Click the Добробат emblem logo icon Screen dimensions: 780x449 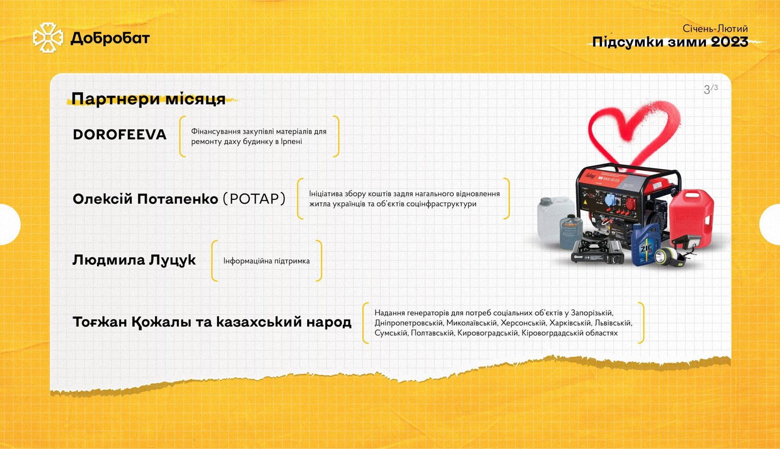click(48, 38)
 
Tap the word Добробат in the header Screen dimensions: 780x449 click(110, 39)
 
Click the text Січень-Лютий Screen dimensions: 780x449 click(715, 29)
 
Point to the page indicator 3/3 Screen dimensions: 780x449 click(710, 89)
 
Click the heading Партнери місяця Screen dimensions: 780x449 click(148, 99)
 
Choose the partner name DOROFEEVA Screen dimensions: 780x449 click(119, 135)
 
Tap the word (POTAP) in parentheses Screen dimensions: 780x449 click(254, 199)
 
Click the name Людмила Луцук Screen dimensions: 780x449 click(134, 260)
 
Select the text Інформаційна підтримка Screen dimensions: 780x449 click(266, 261)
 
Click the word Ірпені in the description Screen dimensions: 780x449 click(291, 142)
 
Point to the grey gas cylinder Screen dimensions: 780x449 click(571, 231)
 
